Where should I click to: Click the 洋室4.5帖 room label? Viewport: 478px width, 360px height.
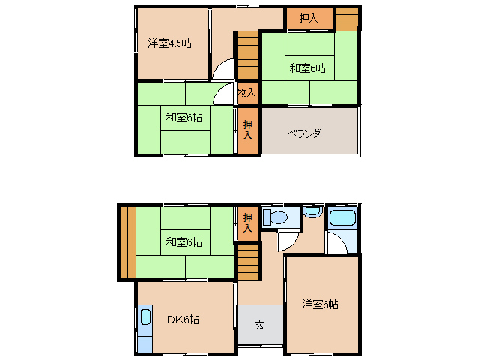click(x=169, y=43)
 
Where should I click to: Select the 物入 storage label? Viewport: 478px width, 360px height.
click(x=247, y=93)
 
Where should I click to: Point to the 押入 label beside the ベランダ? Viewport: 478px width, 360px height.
click(x=248, y=130)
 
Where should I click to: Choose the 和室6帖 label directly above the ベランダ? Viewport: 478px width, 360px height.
click(x=308, y=68)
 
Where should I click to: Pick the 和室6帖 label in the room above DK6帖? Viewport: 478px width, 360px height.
click(x=184, y=241)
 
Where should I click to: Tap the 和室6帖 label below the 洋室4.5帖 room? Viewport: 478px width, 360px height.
click(x=184, y=117)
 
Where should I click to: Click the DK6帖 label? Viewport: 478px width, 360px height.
click(x=182, y=319)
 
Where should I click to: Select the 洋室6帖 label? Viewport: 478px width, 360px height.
click(x=320, y=304)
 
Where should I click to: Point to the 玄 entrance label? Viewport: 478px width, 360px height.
click(x=259, y=325)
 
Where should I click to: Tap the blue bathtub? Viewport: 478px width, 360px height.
click(x=343, y=220)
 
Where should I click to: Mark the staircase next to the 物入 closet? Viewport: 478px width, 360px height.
click(x=247, y=55)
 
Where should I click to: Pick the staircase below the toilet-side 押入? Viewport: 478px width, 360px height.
click(x=247, y=262)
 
